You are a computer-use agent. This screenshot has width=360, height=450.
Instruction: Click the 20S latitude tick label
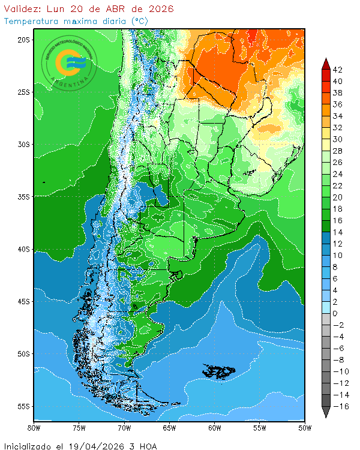[x=23, y=40]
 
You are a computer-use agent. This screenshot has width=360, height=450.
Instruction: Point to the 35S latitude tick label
[x=23, y=197]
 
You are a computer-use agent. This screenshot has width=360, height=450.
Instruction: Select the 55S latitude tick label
[x=23, y=406]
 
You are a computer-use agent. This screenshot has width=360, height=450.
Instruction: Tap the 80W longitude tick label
[x=34, y=428]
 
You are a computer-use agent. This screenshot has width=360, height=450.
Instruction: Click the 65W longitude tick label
[x=169, y=428]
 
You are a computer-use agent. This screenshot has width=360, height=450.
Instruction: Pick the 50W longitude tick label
[x=305, y=428]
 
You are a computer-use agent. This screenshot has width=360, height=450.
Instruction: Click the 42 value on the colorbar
[x=338, y=70]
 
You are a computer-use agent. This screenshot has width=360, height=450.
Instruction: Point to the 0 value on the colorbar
[x=335, y=314]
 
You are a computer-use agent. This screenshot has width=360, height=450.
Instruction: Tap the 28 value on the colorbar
[x=338, y=151]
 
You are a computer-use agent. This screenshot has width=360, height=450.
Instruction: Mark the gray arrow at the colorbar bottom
[x=326, y=412]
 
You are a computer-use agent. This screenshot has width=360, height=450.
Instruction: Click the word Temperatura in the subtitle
[x=29, y=21]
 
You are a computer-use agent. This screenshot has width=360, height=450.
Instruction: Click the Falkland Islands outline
[x=219, y=371]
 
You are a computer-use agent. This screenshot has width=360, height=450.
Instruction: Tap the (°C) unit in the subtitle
[x=140, y=21]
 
